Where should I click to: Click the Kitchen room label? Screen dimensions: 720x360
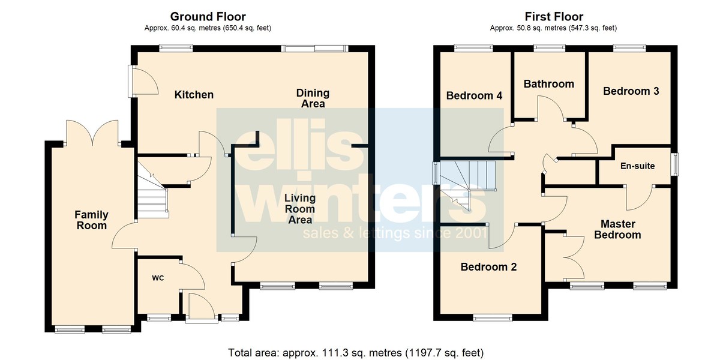[x=194, y=95]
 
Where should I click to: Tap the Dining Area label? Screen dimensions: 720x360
[x=313, y=98]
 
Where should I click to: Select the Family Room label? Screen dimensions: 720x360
[x=91, y=220]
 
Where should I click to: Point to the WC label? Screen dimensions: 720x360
[x=158, y=278]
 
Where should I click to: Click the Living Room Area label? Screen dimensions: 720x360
[x=300, y=209]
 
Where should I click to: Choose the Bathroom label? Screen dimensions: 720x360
[x=548, y=84]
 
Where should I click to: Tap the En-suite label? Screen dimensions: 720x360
[x=637, y=166]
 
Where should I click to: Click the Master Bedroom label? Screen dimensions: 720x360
[x=617, y=229]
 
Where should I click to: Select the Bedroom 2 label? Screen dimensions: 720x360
[x=488, y=267]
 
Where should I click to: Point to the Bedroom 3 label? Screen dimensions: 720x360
[x=631, y=91]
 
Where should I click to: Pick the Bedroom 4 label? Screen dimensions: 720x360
[x=474, y=95]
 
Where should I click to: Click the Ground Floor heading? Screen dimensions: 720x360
[x=208, y=16]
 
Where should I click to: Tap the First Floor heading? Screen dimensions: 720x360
[x=554, y=16]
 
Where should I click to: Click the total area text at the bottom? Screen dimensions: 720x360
[x=356, y=353]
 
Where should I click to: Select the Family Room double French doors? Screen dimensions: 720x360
[x=92, y=133]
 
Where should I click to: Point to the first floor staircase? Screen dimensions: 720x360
[x=467, y=186]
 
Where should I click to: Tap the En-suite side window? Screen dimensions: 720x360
[x=676, y=164]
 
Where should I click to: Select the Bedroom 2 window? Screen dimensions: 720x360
[x=493, y=319]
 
